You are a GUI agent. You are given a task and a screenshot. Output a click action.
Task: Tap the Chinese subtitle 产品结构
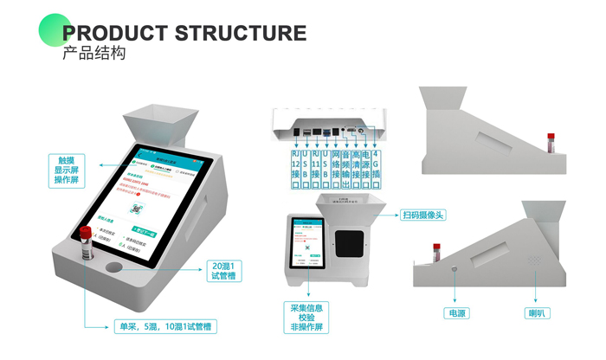click(94, 54)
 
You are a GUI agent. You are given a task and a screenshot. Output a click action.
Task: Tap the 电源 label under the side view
click(456, 312)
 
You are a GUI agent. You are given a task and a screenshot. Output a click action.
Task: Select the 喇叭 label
click(538, 312)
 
